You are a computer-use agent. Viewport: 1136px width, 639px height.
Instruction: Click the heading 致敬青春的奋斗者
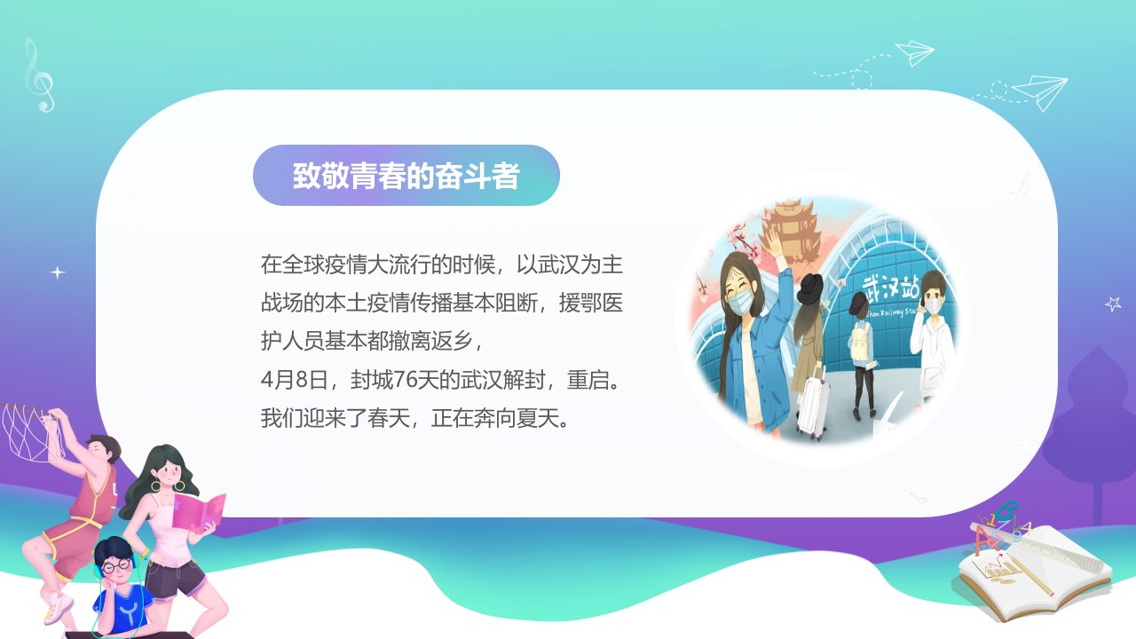406,176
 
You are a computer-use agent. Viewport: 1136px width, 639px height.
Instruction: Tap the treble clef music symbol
38,75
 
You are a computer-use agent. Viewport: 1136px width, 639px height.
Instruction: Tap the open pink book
199,512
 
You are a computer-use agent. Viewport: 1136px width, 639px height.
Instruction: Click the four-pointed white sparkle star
58,272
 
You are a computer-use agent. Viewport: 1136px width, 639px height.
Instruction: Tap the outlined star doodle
1113,304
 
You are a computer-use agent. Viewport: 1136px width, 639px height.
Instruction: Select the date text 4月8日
295,380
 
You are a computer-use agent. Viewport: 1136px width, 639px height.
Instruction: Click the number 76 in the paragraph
405,380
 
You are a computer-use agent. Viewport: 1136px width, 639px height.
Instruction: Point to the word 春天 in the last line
389,418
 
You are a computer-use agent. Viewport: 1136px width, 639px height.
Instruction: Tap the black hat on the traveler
811,288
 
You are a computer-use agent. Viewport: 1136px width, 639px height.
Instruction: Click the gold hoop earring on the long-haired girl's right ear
155,485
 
